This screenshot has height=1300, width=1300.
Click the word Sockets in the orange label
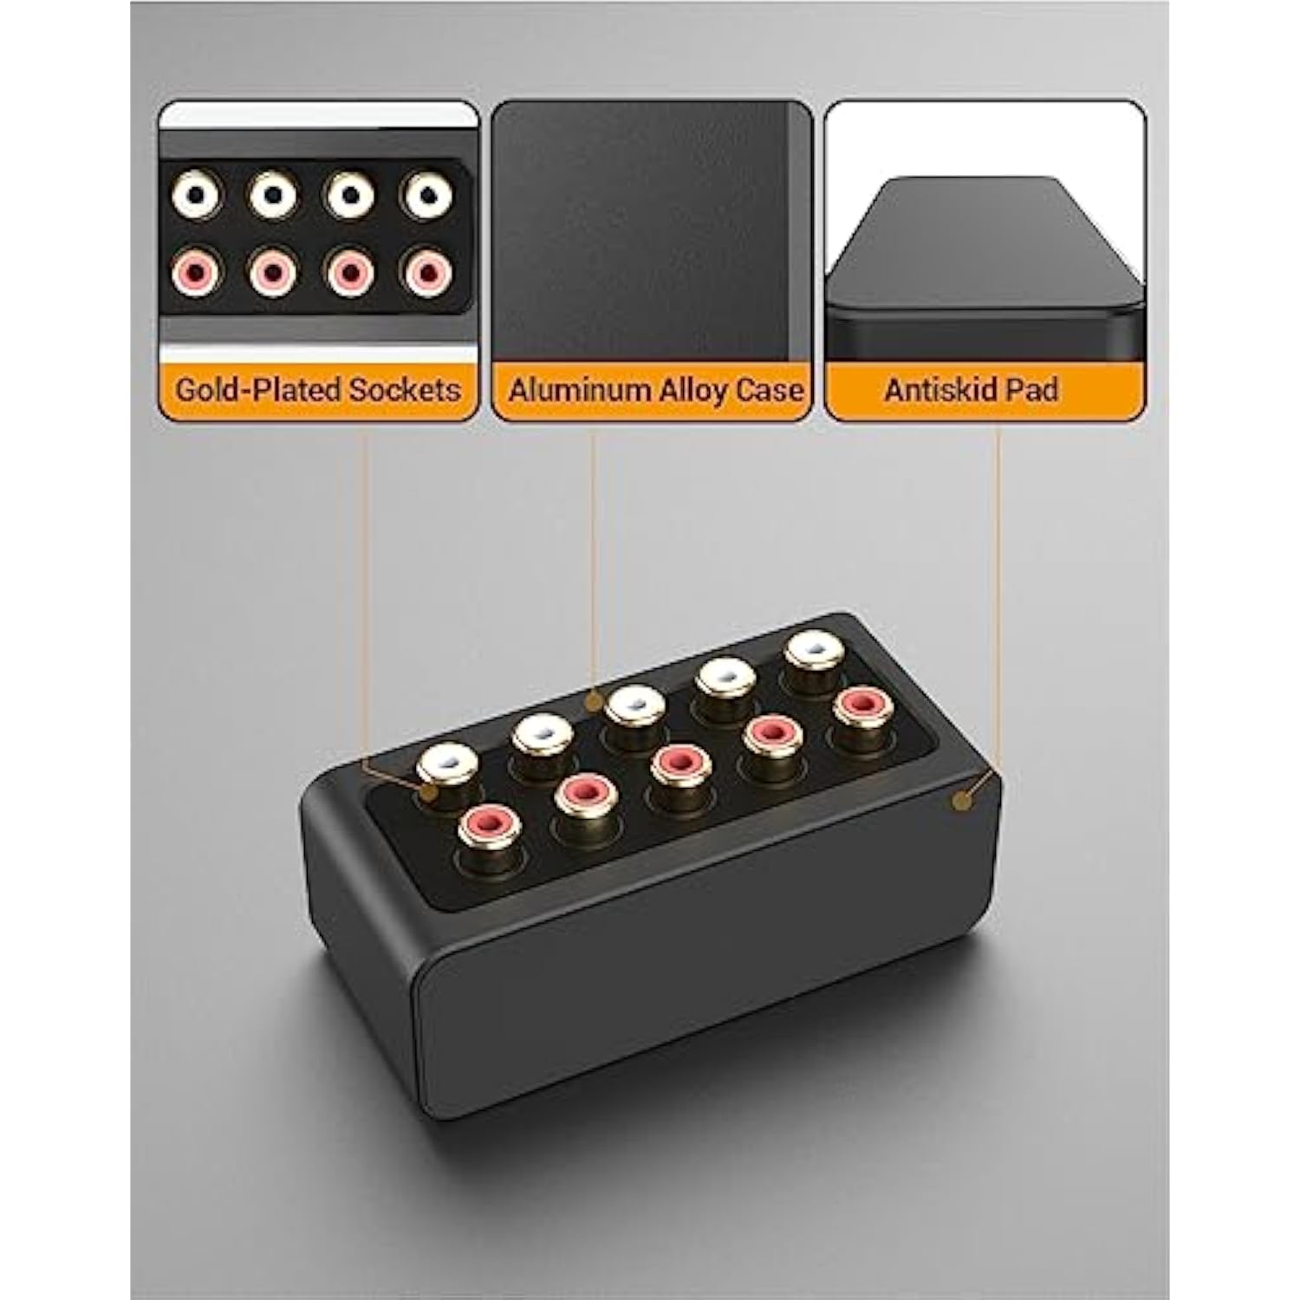403,389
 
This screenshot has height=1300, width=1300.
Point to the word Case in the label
770,390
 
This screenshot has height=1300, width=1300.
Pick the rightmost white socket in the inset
426,197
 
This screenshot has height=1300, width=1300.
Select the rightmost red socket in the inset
426,273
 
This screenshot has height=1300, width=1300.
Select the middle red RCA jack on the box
679,763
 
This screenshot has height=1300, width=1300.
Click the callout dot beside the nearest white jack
426,791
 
